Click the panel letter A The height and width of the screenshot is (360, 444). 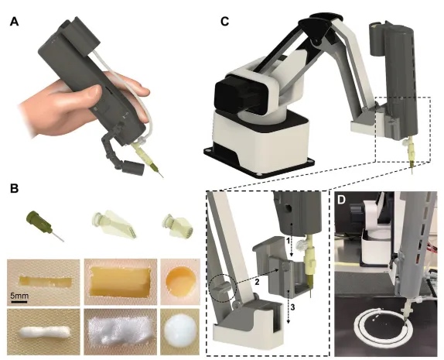pos(14,22)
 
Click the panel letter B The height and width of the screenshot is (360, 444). pos(14,188)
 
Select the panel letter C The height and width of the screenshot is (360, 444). pos(224,22)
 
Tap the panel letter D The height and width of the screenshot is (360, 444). pos(342,200)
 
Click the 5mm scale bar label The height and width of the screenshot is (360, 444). pos(19,297)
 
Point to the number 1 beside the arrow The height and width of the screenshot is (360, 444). pos(288,242)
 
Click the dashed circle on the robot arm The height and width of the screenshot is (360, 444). pos(222,289)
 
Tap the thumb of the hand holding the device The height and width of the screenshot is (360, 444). pos(85,95)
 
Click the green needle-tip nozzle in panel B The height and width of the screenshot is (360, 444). pos(46,226)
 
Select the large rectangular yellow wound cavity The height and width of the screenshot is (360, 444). pos(119,282)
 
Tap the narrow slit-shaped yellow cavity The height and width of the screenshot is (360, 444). pos(46,281)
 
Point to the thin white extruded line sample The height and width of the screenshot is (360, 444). pos(44,332)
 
